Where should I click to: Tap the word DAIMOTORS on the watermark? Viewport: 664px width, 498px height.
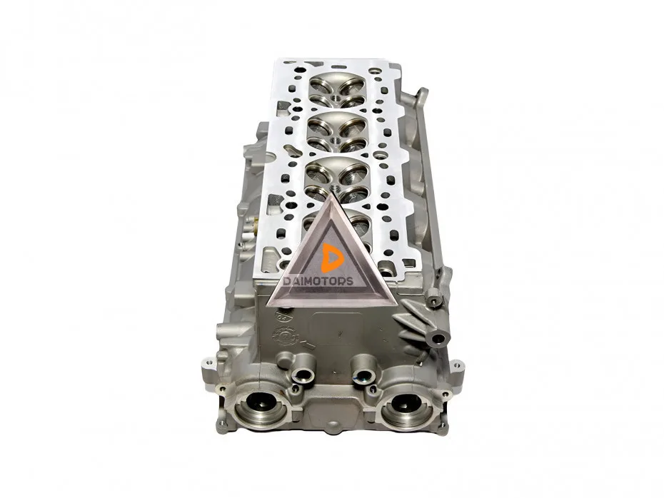click(x=318, y=281)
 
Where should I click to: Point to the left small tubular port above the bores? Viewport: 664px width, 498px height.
click(x=304, y=375)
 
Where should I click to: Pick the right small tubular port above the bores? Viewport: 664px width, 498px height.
click(x=363, y=375)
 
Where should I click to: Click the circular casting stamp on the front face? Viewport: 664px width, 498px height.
click(x=286, y=336)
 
